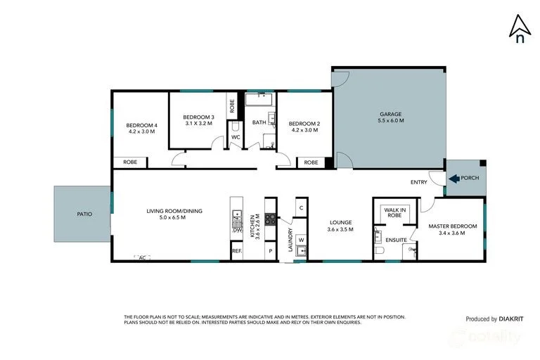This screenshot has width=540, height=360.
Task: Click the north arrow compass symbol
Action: click(x=519, y=30)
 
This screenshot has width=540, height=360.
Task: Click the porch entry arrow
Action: click(x=451, y=178)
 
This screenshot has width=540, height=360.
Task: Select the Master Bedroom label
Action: click(x=453, y=226)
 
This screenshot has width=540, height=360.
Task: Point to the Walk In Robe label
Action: click(x=394, y=212)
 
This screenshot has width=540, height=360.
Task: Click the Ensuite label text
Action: click(x=395, y=239)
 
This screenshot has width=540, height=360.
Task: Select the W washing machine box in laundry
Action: click(x=301, y=240)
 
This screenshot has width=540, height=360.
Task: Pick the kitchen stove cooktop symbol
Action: click(x=270, y=219)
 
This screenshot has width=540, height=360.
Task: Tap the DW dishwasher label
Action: click(x=237, y=230)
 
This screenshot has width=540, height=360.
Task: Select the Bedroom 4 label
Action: click(x=141, y=128)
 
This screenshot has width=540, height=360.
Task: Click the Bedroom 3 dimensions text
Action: click(x=198, y=123)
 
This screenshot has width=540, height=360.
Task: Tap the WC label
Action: click(x=236, y=136)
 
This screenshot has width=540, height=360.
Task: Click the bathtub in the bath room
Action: click(x=259, y=100)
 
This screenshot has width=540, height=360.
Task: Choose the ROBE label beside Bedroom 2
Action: click(x=311, y=162)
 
